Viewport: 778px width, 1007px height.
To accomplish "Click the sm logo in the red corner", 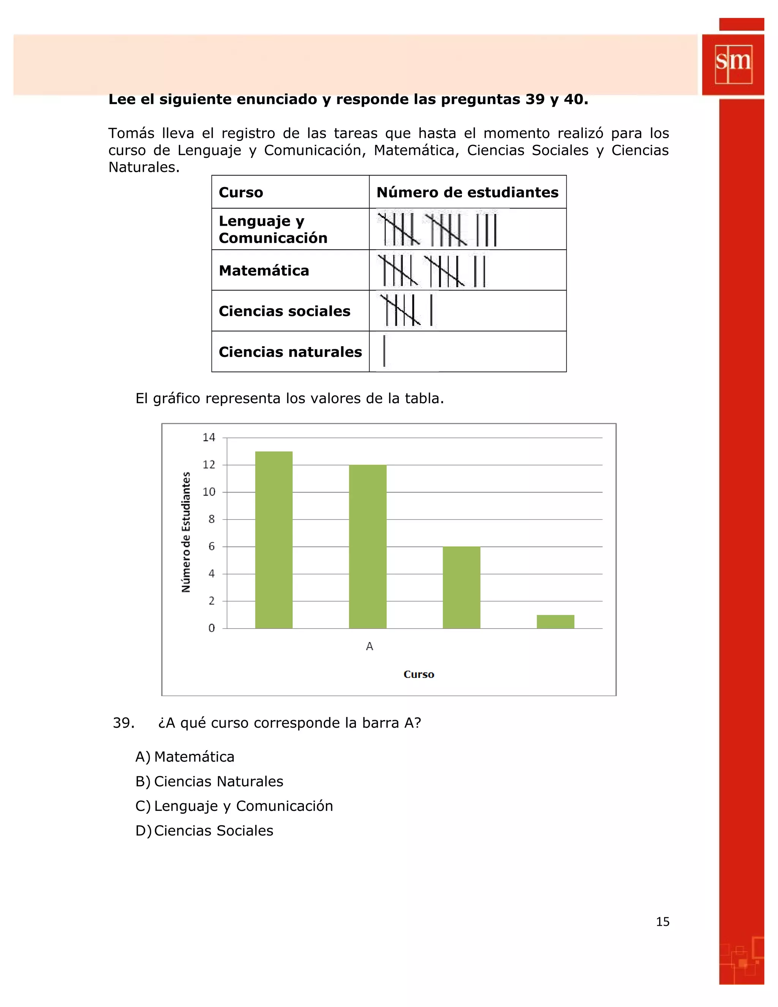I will tap(733, 64).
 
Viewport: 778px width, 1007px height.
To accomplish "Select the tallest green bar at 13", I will tap(274, 540).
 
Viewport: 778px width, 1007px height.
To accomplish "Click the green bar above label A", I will tap(367, 546).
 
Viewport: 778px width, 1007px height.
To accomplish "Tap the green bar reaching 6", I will tap(461, 587).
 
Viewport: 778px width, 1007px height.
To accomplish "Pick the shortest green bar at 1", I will tap(555, 622).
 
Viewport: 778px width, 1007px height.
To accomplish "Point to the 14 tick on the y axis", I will tap(209, 437).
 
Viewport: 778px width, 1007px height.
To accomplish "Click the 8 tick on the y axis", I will tap(212, 519).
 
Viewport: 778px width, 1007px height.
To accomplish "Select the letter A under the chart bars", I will tap(369, 646).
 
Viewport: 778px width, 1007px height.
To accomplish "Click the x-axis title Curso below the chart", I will tap(419, 674).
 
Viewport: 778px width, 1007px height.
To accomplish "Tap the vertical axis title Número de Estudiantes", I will tap(186, 532).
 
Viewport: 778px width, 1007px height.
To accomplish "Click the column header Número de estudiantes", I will tap(467, 192).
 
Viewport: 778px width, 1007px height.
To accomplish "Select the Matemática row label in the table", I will tap(264, 271).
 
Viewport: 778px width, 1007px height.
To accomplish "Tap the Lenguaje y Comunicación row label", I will tap(273, 229).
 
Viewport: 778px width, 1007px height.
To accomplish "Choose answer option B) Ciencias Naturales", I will tap(209, 781).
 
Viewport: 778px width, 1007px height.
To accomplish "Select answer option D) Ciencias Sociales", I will tap(204, 830).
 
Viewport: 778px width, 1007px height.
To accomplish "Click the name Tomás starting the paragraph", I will tap(131, 133).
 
